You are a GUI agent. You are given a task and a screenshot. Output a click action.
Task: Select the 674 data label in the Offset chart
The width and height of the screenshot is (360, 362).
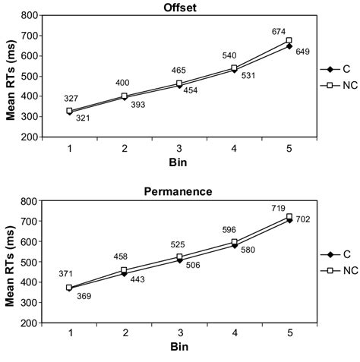point(279,32)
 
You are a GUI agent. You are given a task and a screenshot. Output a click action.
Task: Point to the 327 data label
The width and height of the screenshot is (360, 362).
point(69,98)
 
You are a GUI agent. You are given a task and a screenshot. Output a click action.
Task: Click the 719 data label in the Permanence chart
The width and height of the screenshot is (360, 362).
point(279,207)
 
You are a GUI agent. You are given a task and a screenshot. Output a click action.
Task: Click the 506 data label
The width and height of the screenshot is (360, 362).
point(193,266)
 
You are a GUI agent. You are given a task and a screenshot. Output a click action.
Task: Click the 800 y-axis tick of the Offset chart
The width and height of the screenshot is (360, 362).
point(30,15)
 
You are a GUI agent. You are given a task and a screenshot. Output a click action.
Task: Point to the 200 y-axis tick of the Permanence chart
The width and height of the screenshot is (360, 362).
point(30,323)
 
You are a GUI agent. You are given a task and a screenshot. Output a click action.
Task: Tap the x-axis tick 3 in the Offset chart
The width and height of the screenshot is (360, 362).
point(180,147)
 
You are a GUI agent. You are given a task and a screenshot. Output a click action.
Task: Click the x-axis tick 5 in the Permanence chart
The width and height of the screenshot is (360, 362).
point(289,332)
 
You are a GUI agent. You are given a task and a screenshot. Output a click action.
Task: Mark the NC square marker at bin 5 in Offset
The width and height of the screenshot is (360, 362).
point(289,40)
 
